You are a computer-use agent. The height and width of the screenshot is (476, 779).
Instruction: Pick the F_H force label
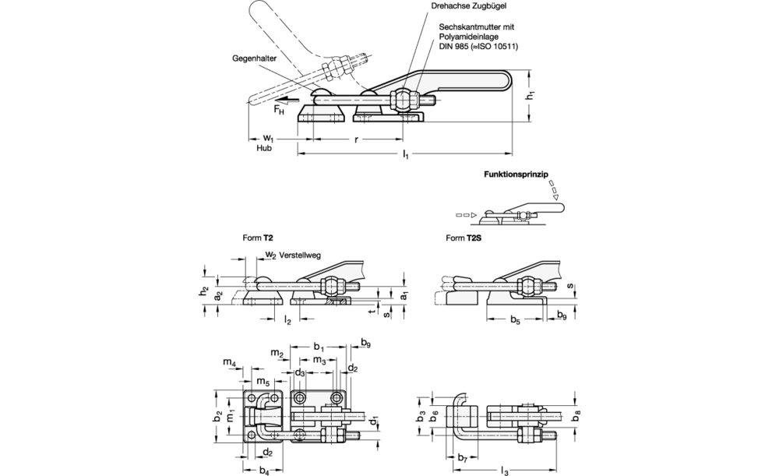pyautogui.click(x=278, y=111)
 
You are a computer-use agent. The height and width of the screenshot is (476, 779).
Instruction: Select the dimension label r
pyautogui.click(x=356, y=141)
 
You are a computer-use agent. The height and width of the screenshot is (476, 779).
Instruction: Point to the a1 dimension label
pyautogui.click(x=404, y=297)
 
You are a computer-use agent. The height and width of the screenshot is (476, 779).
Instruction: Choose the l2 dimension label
pyautogui.click(x=287, y=320)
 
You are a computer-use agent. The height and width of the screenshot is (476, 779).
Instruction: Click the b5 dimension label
pyautogui.click(x=516, y=320)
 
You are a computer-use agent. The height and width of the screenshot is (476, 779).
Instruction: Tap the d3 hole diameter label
pyautogui.click(x=299, y=372)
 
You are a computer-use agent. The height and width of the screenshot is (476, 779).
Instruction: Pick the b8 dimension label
pyautogui.click(x=577, y=418)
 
